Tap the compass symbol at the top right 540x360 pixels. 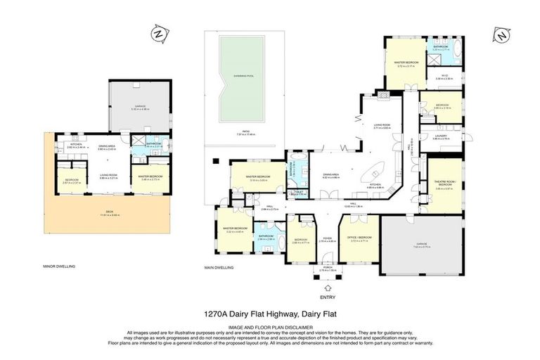(x=501, y=34)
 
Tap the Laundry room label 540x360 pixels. (x=441, y=139)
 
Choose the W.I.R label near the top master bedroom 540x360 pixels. (x=444, y=77)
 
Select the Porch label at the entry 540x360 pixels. (x=328, y=268)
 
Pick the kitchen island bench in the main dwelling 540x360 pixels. (x=373, y=171)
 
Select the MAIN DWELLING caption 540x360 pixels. (x=219, y=269)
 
